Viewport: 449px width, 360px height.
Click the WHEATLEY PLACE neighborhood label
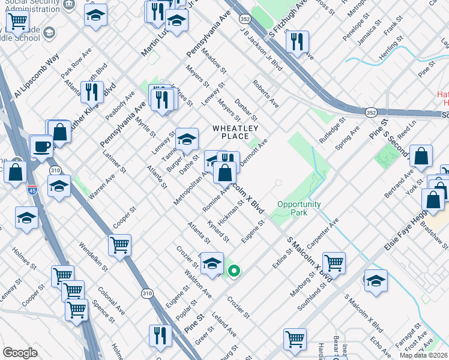235,132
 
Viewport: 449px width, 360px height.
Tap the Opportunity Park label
299,208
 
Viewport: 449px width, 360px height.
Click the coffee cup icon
41,145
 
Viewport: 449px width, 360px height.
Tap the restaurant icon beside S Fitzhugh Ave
297,42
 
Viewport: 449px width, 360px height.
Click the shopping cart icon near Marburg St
333,262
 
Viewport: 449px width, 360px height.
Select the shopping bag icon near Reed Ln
421,156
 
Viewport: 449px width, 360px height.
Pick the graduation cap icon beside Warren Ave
59,186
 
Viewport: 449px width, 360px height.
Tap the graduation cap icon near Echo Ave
375,280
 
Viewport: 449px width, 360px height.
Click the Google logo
20,353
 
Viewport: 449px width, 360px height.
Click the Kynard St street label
218,230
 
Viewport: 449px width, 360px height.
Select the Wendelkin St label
92,257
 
